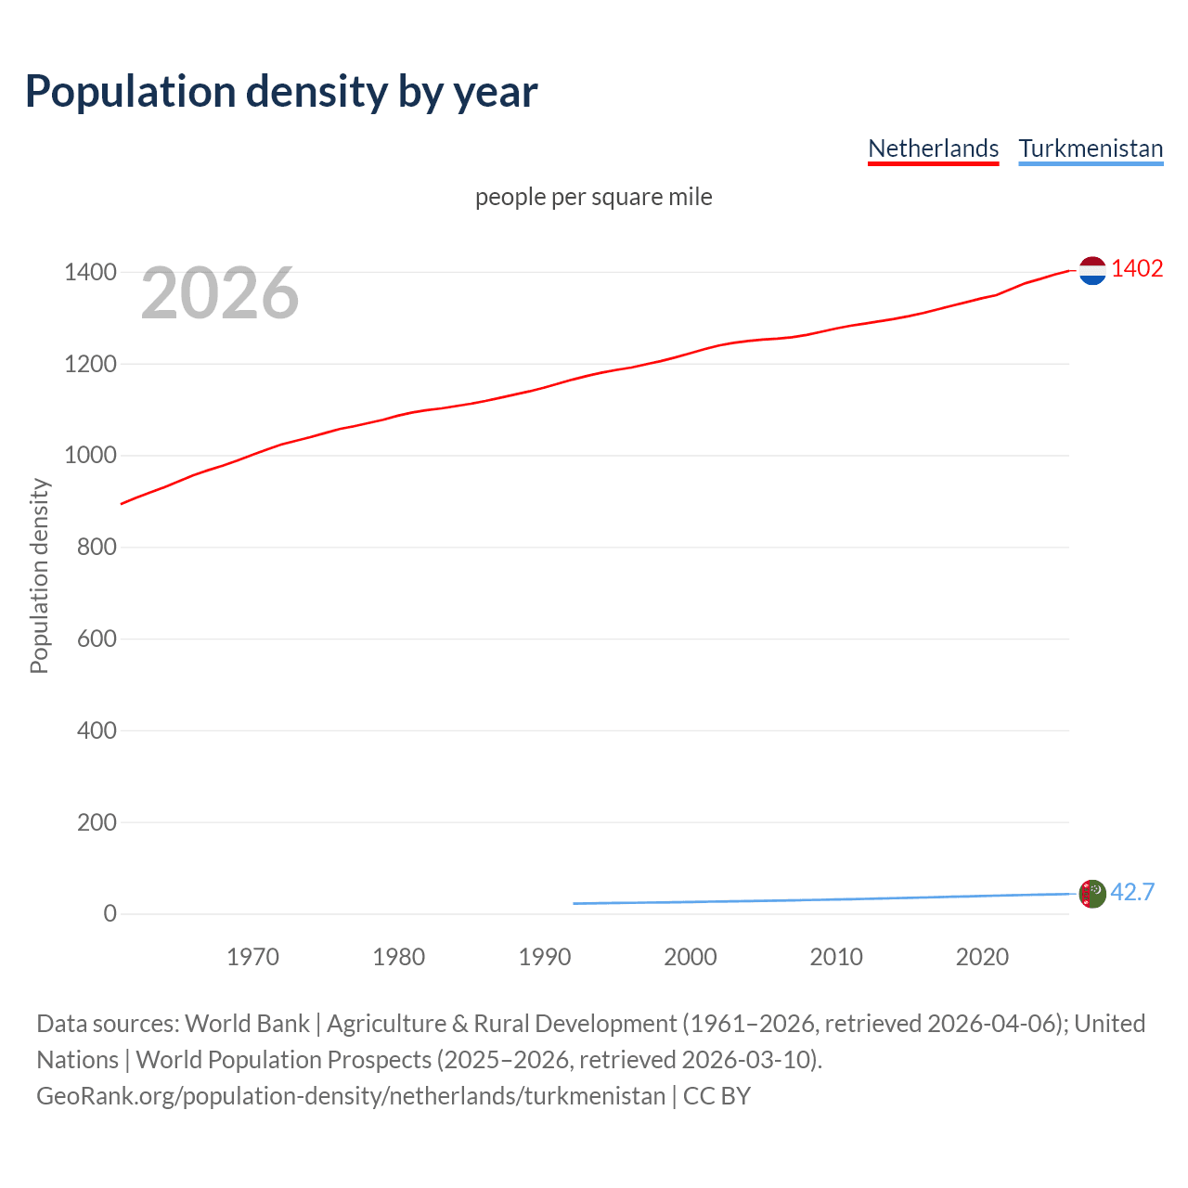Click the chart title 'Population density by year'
(281, 92)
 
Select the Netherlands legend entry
(933, 148)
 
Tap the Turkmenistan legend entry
(1091, 148)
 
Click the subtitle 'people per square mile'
(593, 197)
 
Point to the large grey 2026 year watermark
(220, 293)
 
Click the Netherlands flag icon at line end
(1092, 270)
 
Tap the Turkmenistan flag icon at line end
(1092, 894)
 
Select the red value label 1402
(1137, 268)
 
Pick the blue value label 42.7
(1132, 892)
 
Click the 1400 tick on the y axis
(90, 272)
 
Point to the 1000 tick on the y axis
(90, 456)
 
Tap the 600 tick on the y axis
(97, 639)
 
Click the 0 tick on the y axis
(110, 913)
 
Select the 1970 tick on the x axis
(252, 957)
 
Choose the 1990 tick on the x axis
(545, 957)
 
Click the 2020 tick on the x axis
(982, 957)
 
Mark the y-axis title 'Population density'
(39, 575)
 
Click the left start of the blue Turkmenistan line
(575, 903)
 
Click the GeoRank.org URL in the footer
(351, 1096)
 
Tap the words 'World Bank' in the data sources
(247, 1024)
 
